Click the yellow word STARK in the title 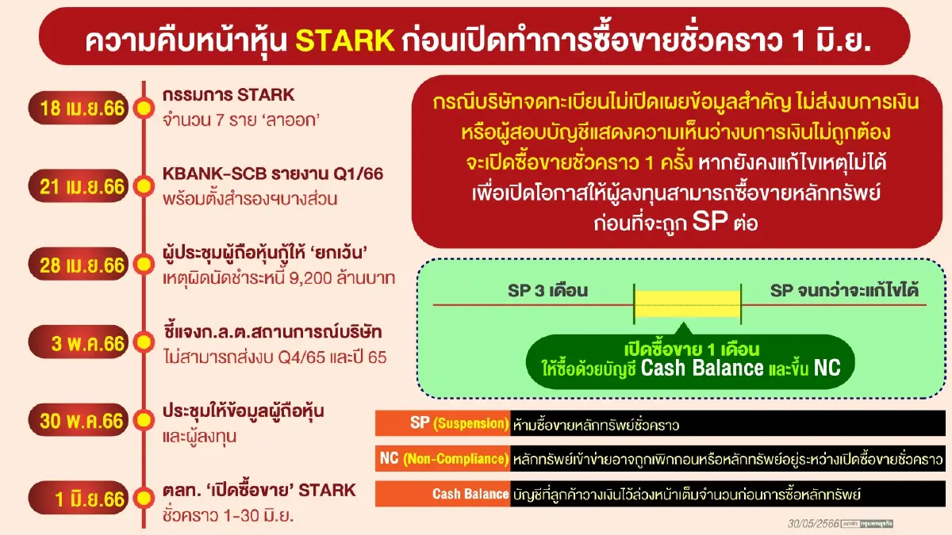(x=345, y=40)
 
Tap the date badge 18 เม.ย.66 (x=79, y=108)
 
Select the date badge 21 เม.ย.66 (x=79, y=186)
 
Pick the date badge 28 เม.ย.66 (x=79, y=265)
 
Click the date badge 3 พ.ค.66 (x=79, y=342)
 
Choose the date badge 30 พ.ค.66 (x=79, y=420)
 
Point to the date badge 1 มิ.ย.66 (x=79, y=498)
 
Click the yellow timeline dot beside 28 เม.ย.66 (x=144, y=265)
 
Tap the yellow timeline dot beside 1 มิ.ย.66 (x=144, y=498)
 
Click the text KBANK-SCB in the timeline (x=215, y=174)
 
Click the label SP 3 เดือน (x=548, y=291)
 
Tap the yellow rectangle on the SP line (x=687, y=304)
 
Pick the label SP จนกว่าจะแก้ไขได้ (x=844, y=291)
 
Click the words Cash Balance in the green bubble (x=701, y=368)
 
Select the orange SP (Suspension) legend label (x=443, y=423)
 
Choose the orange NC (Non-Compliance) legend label (x=443, y=459)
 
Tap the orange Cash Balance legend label (x=443, y=494)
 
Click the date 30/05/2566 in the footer (x=813, y=524)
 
